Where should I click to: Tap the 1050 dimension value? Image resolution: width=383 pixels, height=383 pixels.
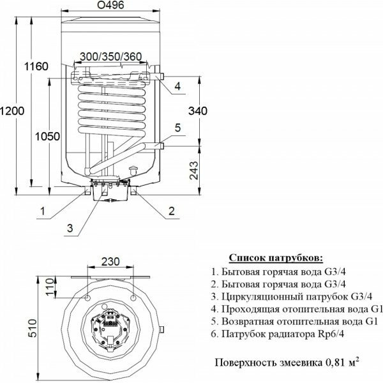(48, 137)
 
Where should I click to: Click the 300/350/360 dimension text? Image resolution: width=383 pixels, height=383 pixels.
(110, 57)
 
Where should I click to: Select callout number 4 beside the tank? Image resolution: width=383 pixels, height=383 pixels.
(177, 86)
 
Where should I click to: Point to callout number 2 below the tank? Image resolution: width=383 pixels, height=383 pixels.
(171, 210)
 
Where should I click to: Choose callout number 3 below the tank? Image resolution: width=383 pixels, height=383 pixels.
(70, 227)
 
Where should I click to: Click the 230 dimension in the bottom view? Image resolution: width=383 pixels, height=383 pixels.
(111, 262)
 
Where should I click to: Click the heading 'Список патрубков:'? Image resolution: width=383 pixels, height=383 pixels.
(276, 258)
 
